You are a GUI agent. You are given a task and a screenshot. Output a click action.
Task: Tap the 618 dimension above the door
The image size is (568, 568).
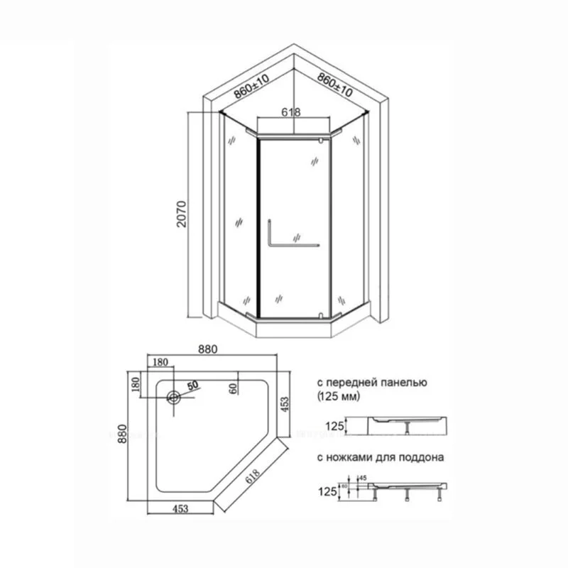tap(291, 111)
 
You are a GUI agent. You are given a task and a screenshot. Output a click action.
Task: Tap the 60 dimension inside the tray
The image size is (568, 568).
tap(232, 388)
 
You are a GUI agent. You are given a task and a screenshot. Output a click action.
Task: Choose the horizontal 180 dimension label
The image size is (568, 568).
tap(160, 362)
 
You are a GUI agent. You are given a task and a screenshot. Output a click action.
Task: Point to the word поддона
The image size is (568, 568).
tap(423, 458)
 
